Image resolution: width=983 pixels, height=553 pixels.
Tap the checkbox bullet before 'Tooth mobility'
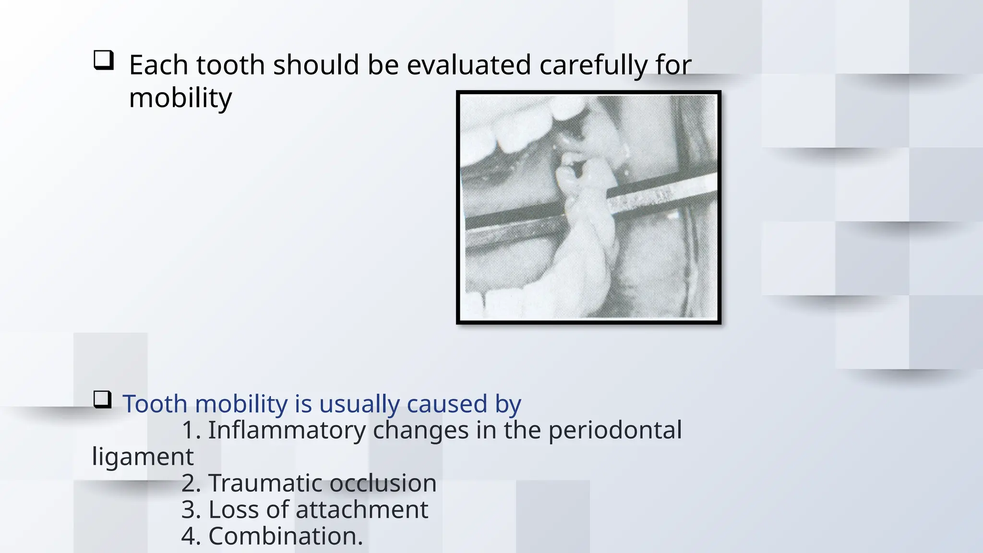tap(102, 399)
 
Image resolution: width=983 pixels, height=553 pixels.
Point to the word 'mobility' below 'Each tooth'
tap(180, 98)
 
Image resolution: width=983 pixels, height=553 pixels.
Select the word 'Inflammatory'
tap(287, 430)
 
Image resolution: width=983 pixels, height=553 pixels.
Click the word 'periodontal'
tap(615, 430)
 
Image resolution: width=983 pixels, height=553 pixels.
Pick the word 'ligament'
tap(143, 457)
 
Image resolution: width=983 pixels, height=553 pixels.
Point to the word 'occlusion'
tap(383, 483)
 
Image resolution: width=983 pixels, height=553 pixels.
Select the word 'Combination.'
tap(286, 536)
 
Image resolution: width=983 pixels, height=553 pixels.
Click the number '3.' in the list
tap(191, 509)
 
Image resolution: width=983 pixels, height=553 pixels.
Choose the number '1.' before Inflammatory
tap(191, 430)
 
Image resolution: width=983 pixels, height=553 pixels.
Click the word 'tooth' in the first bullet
tap(230, 65)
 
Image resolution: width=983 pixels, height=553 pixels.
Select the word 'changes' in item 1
tap(420, 430)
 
